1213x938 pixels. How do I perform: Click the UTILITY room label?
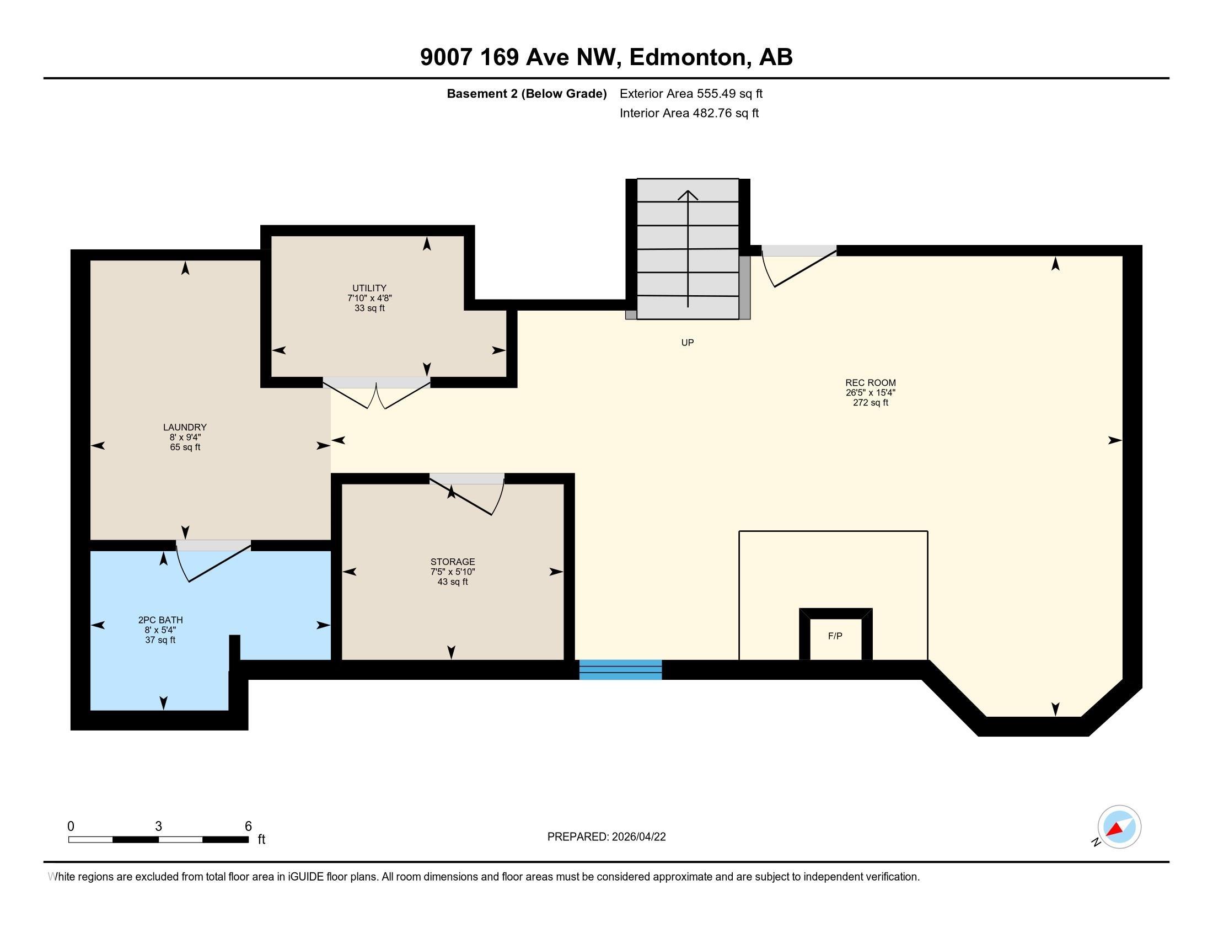(369, 288)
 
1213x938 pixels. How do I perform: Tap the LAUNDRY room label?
(185, 427)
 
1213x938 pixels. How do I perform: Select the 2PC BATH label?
(160, 620)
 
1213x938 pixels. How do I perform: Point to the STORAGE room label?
(453, 561)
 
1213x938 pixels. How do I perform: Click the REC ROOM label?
(870, 382)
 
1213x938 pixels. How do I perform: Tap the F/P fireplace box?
(835, 636)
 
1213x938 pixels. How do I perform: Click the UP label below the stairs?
(688, 342)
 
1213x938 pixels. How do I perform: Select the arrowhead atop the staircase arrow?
(688, 194)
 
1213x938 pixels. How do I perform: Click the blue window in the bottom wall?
(620, 670)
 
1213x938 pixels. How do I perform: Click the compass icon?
(1119, 827)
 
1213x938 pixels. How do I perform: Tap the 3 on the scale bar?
(158, 826)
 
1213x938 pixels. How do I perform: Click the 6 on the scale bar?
(248, 826)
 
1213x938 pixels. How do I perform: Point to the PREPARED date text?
(606, 836)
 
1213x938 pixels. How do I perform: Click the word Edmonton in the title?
(688, 57)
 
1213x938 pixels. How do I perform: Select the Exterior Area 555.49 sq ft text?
(691, 93)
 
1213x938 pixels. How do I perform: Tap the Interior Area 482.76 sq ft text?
(689, 113)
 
